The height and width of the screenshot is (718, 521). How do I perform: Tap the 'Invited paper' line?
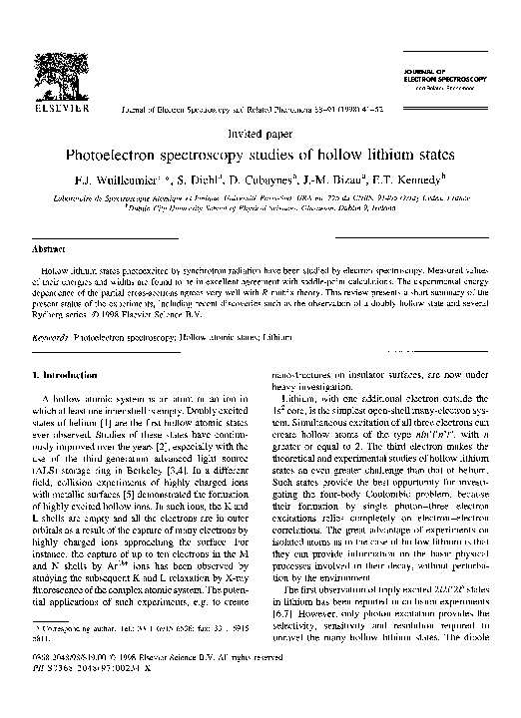tap(260, 132)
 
